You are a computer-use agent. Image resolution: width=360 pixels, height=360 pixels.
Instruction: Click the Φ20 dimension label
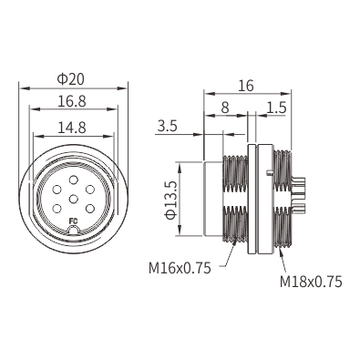point(70,79)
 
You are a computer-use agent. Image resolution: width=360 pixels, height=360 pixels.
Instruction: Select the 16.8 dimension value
point(72,101)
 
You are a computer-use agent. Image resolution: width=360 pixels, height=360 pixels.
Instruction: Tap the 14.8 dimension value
point(72,128)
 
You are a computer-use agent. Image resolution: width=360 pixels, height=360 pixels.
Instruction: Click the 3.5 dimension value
point(167,126)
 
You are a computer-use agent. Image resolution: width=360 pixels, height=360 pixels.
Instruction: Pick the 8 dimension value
point(225,108)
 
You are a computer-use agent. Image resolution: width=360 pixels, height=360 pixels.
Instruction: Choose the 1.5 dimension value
point(277,108)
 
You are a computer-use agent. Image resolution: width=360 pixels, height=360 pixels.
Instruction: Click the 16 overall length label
point(245,86)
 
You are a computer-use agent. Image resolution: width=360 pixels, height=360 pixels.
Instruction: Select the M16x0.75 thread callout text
point(180,268)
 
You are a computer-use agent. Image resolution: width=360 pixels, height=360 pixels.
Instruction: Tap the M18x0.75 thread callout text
point(311,282)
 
